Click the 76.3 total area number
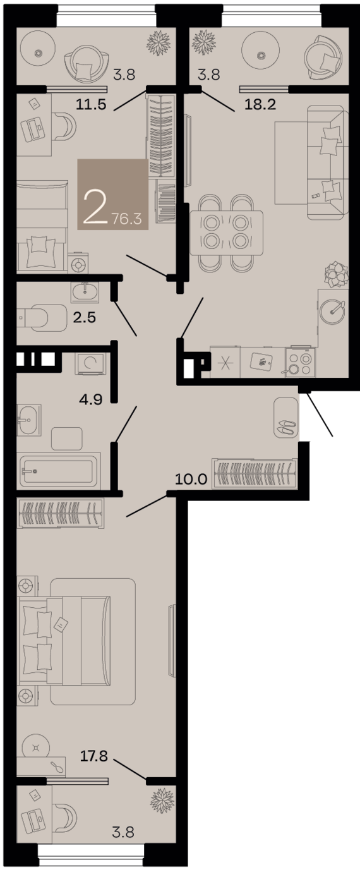(126, 219)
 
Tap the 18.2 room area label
(260, 104)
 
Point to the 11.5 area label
(91, 104)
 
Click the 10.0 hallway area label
(191, 479)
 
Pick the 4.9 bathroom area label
(91, 399)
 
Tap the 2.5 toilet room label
(85, 317)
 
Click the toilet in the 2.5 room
(42, 318)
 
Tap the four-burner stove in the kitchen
(301, 362)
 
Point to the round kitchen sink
(332, 311)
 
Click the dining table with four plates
(226, 233)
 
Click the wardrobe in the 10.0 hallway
(255, 473)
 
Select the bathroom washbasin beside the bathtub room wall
(29, 420)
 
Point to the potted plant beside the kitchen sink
(336, 276)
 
